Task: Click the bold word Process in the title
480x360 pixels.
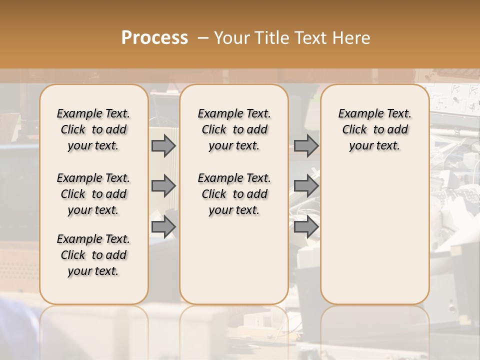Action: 154,38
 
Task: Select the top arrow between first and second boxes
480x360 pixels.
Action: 163,145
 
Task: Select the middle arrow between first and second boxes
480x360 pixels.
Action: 163,186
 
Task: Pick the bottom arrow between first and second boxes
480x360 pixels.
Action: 163,226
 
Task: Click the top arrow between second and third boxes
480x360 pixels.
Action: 306,145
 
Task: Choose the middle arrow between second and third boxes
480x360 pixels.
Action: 306,186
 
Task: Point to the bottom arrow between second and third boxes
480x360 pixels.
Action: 306,226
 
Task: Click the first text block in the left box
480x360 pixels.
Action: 93,129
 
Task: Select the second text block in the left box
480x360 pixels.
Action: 93,194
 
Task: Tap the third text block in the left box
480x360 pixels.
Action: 93,255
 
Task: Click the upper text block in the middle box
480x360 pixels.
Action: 234,129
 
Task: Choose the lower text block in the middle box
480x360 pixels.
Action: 234,194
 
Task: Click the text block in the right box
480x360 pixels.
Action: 375,129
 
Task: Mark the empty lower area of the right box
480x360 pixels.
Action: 375,230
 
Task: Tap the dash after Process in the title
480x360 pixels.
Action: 202,38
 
